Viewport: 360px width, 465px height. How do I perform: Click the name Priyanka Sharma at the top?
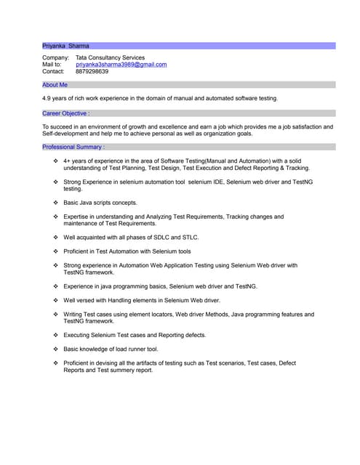tap(65, 46)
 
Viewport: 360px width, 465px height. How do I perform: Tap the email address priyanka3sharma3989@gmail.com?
tap(121, 65)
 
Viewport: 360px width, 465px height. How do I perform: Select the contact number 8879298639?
tap(92, 72)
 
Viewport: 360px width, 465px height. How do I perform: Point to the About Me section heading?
tap(55, 85)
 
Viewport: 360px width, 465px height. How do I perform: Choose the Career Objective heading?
tap(65, 113)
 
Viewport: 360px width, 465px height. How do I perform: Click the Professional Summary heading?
tap(73, 147)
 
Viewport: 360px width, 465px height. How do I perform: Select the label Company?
tap(55, 57)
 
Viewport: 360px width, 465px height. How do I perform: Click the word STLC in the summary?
tap(191, 237)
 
